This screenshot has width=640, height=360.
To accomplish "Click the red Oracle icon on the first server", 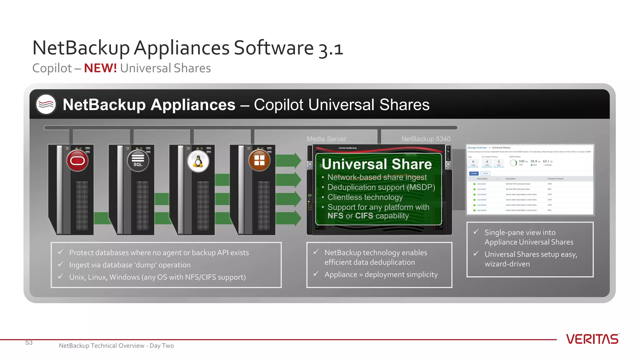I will (x=77, y=161).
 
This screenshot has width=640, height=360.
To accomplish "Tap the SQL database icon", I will (x=138, y=161).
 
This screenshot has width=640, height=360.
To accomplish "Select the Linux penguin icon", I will (x=198, y=161).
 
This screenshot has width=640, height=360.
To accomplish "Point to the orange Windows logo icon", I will (x=259, y=161).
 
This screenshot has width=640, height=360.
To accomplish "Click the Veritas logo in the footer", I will (x=592, y=339).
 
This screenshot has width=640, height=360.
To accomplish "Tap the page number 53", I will (x=29, y=342).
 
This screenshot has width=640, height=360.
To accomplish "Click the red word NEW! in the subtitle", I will (x=100, y=68).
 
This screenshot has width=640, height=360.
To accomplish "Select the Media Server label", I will (x=326, y=139).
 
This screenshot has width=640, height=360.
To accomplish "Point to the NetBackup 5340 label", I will (x=426, y=139).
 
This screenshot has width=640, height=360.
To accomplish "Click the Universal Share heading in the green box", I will (x=377, y=164).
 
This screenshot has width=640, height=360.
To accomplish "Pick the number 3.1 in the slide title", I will (x=331, y=49).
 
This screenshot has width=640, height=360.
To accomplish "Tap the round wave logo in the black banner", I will (x=46, y=104).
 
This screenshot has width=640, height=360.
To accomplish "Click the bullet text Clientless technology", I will (x=365, y=197).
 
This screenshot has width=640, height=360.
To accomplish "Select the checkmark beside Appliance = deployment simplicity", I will (x=316, y=274).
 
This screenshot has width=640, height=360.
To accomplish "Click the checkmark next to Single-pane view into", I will (x=476, y=232).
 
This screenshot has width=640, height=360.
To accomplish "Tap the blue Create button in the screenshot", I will (x=474, y=173).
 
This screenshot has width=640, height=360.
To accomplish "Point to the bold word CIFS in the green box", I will (x=364, y=216).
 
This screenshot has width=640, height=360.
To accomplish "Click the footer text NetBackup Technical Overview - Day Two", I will (x=116, y=346).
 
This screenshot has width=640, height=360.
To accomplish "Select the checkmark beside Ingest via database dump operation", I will (x=61, y=264).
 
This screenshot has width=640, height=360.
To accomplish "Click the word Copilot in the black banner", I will (x=278, y=105).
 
